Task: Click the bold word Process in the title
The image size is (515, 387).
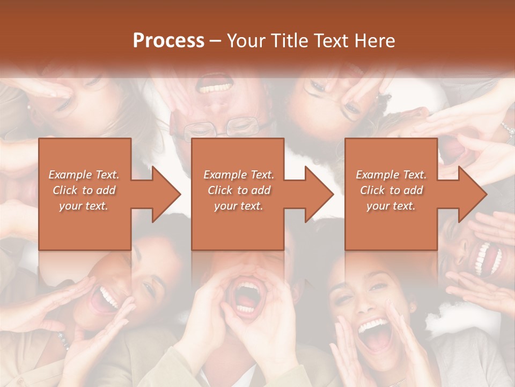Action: click(x=168, y=41)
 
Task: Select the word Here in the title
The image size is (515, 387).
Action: click(x=376, y=41)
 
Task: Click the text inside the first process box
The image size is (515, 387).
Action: click(x=84, y=190)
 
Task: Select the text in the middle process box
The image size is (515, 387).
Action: click(x=239, y=190)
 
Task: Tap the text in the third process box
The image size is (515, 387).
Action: click(x=391, y=190)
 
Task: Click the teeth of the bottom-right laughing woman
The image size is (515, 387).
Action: click(x=374, y=325)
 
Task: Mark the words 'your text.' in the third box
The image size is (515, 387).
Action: click(x=391, y=206)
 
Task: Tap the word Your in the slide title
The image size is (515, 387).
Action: click(x=246, y=41)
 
